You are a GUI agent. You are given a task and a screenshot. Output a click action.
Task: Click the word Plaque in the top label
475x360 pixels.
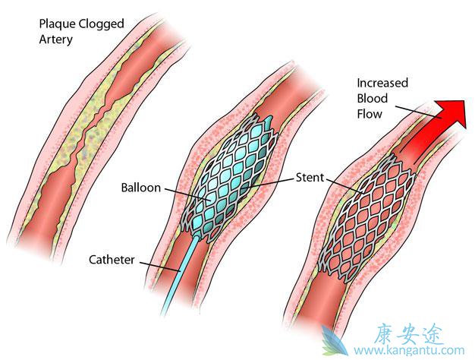click(56, 24)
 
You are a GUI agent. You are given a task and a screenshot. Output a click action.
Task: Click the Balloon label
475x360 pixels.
click(140, 188)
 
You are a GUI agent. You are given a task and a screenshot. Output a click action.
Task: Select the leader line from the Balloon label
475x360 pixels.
click(181, 191)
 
